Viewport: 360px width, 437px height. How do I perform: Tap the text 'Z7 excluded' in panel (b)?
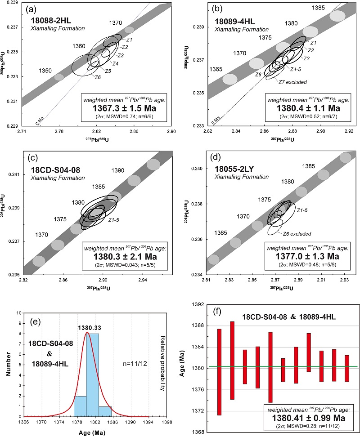click(x=292, y=82)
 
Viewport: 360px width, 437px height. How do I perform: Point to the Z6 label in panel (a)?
click(x=98, y=77)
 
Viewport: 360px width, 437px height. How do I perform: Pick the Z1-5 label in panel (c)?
click(x=114, y=220)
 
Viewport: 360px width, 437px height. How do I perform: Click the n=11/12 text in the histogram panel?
click(x=134, y=360)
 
